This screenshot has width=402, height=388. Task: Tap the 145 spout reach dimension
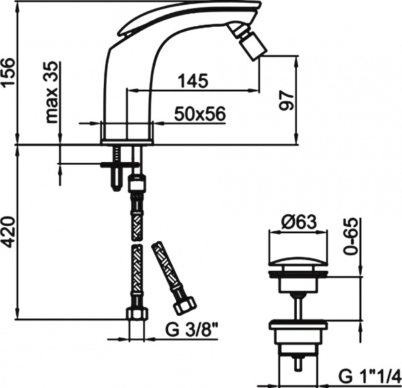[x=192, y=81]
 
